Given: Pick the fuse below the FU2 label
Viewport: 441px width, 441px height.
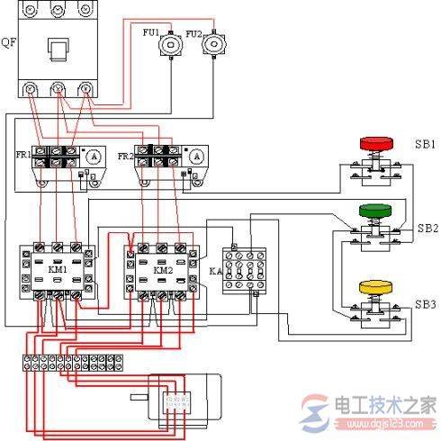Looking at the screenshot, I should pyautogui.click(x=212, y=45).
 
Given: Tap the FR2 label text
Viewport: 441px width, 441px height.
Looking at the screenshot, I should pyautogui.click(x=125, y=155).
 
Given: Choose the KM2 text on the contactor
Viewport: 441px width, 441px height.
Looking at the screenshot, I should pyautogui.click(x=163, y=268).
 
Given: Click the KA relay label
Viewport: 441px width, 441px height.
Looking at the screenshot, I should pyautogui.click(x=213, y=270).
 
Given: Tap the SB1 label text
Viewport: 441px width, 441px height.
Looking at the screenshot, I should pyautogui.click(x=425, y=144).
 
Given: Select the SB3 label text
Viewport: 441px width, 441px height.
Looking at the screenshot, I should pyautogui.click(x=425, y=304).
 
